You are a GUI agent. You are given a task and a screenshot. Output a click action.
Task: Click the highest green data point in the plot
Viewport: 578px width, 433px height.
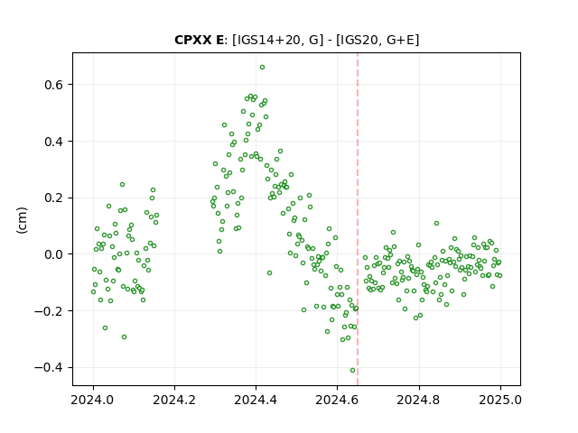tap(262, 68)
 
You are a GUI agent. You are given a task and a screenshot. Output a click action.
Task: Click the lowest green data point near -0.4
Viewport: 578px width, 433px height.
tap(352, 371)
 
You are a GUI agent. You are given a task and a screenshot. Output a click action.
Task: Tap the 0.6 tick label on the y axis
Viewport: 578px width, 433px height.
tap(54, 85)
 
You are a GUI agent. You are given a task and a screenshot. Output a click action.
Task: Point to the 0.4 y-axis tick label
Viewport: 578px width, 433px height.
tap(54, 142)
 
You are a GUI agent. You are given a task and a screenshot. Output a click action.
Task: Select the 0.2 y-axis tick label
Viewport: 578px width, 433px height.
tap(54, 198)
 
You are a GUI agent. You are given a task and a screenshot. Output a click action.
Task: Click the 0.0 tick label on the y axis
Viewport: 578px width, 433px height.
tap(54, 254)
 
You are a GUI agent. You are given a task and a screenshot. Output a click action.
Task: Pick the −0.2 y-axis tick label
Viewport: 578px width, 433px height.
tap(49, 311)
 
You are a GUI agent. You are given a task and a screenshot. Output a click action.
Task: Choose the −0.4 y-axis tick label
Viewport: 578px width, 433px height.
tap(49, 368)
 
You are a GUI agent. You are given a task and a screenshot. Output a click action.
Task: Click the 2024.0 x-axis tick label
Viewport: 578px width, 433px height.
tap(93, 400)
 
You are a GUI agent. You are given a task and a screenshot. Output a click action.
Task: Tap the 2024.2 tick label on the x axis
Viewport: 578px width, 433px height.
tap(174, 400)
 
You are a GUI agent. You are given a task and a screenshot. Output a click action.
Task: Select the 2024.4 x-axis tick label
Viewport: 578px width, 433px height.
tap(256, 400)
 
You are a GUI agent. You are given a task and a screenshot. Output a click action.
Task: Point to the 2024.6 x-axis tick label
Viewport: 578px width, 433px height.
tap(337, 400)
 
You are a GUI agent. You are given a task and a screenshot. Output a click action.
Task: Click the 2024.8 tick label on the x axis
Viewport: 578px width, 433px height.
tap(419, 400)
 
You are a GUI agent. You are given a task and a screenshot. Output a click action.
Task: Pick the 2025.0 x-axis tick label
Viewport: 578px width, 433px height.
tap(500, 400)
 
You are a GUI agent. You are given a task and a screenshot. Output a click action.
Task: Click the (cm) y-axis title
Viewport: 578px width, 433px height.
tap(22, 220)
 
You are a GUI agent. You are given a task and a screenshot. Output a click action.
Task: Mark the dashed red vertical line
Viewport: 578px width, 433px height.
tap(358, 219)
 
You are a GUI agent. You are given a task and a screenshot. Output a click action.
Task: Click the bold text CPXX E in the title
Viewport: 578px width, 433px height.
tap(199, 40)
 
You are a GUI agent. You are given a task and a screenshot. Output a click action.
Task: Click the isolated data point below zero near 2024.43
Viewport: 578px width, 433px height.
tap(269, 272)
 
